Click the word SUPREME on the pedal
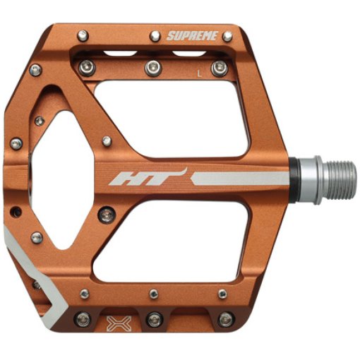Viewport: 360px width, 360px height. pyautogui.click(x=192, y=36)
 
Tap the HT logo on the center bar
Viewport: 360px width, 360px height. pyautogui.click(x=148, y=177)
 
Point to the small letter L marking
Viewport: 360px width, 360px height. pyautogui.click(x=200, y=73)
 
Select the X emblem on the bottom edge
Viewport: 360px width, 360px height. pyautogui.click(x=119, y=323)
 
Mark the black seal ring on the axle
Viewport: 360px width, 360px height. pyautogui.click(x=294, y=180)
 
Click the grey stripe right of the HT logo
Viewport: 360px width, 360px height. pyautogui.click(x=240, y=178)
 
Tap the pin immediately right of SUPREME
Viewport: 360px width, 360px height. pyautogui.click(x=227, y=36)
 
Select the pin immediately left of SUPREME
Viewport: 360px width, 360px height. pyautogui.click(x=155, y=36)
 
